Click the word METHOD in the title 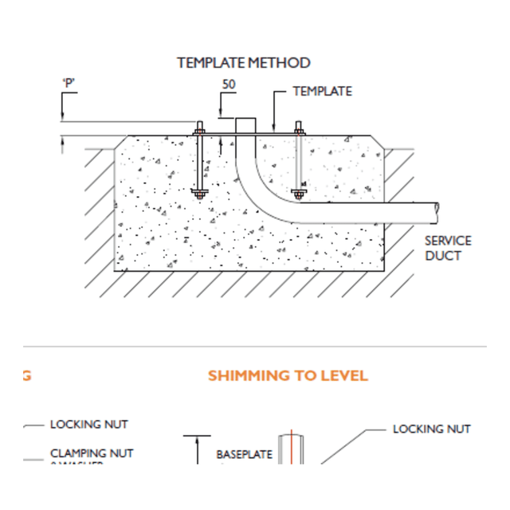click(279, 63)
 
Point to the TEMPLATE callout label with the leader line click(322, 92)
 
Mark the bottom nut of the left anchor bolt click(199, 192)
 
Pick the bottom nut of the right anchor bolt click(299, 192)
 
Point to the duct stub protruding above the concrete click(245, 126)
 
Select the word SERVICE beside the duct click(447, 241)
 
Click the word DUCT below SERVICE click(442, 256)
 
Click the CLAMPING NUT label click(92, 453)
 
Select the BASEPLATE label click(244, 455)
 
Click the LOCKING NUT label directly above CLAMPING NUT click(88, 425)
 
